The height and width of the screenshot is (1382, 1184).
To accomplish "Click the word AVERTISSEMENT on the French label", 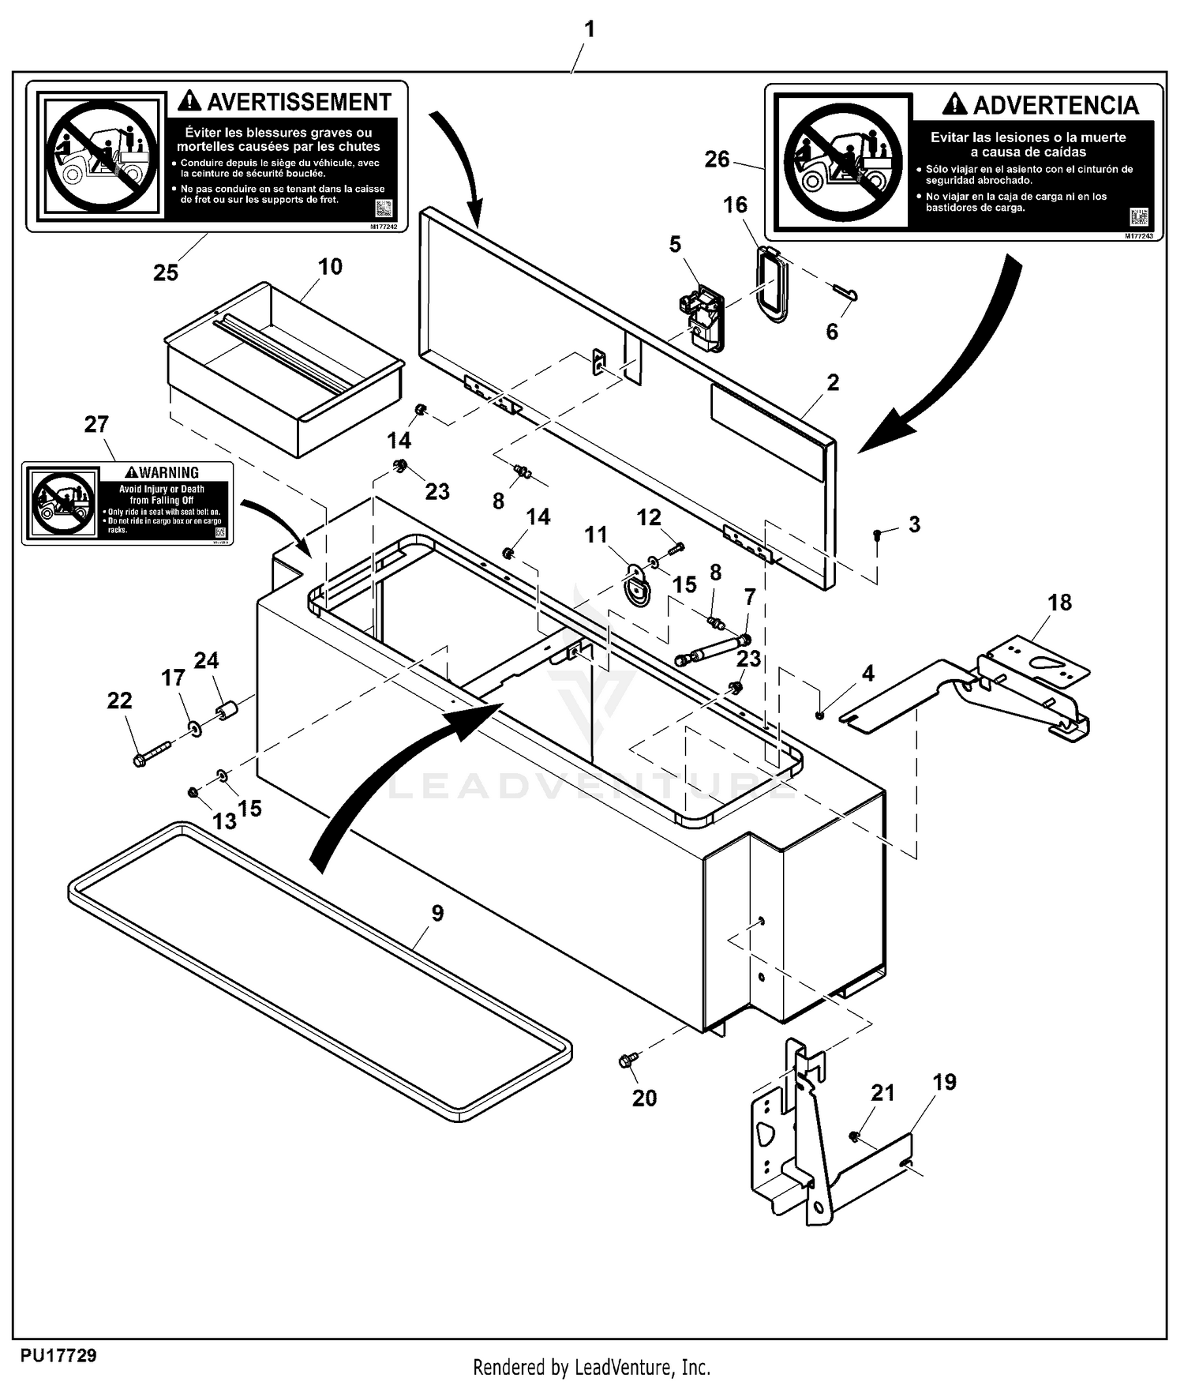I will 298,103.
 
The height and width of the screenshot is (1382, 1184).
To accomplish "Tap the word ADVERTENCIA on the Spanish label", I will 1055,106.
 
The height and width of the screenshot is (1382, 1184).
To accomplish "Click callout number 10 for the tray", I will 330,267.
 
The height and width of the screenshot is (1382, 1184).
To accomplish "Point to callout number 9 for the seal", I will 437,913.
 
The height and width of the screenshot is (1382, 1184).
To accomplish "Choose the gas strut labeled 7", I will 710,648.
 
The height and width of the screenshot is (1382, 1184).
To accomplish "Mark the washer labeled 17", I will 193,727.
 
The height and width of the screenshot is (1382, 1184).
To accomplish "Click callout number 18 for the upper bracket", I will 1059,603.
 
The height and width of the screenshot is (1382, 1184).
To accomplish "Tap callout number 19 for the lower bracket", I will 944,1082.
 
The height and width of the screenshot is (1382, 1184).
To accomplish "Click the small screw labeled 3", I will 878,535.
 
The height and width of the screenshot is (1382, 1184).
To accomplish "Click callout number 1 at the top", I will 589,30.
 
